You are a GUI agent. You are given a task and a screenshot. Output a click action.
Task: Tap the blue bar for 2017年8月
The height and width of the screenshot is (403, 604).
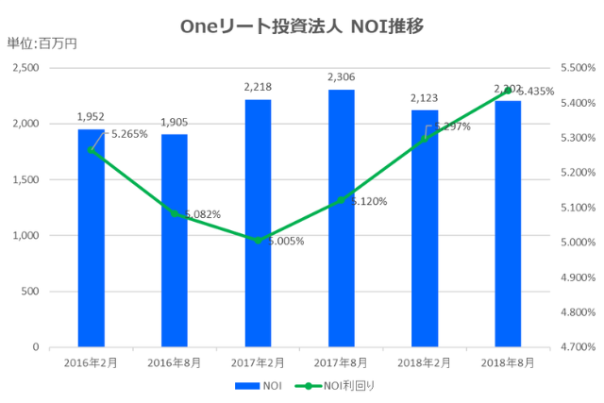click(341, 218)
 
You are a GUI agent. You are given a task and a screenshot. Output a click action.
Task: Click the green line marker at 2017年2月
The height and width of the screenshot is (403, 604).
click(258, 240)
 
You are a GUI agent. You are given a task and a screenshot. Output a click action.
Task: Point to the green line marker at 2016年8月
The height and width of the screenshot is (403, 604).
click(175, 213)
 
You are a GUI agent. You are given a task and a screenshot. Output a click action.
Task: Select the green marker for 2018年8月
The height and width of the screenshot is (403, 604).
click(508, 90)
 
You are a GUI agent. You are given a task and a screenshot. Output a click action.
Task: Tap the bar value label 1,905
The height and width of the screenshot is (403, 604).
click(174, 122)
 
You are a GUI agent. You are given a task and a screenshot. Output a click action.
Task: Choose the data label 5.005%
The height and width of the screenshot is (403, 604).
click(285, 241)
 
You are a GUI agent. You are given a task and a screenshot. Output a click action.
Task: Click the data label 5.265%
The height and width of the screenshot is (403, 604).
click(129, 134)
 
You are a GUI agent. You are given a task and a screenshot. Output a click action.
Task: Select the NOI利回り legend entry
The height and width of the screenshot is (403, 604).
click(332, 386)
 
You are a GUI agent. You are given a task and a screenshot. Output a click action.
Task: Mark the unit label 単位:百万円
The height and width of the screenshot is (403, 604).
click(42, 43)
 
